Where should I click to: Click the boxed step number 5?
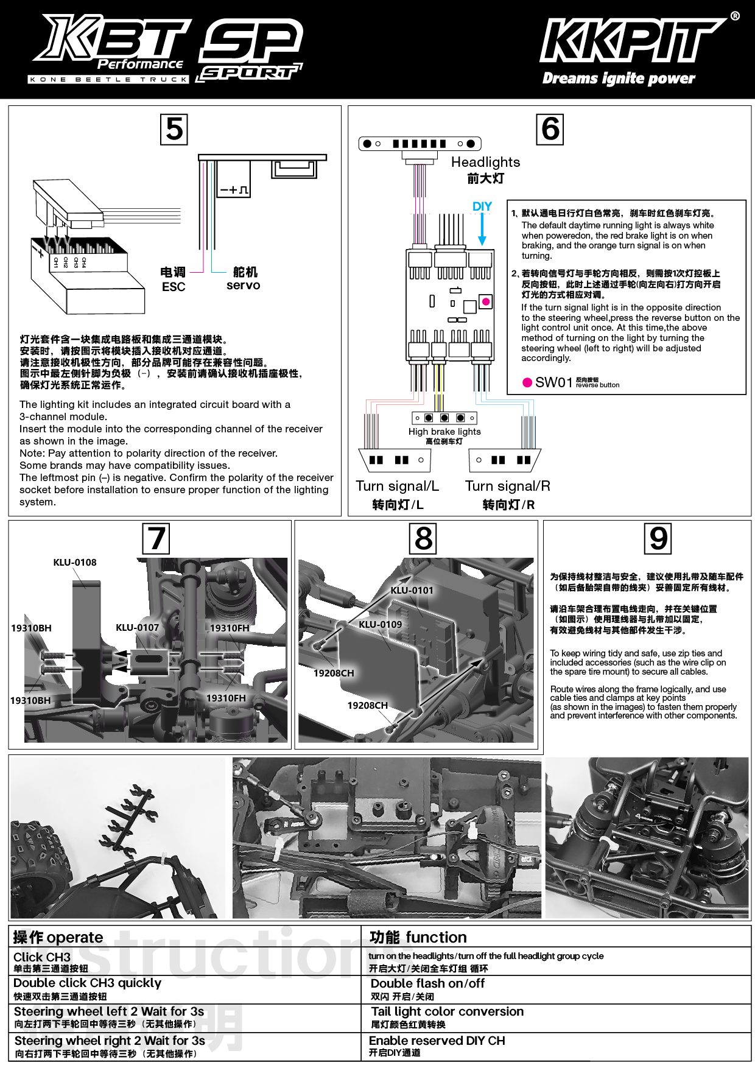tap(174, 129)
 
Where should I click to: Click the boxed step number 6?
tap(550, 129)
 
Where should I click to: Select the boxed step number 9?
tap(658, 538)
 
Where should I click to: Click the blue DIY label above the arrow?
tap(482, 206)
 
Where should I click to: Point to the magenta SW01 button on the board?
tap(486, 301)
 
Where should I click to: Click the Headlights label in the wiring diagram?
tap(485, 162)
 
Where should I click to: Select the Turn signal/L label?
tap(397, 486)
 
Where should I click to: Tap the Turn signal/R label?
tap(507, 486)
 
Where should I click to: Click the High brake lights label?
tap(444, 432)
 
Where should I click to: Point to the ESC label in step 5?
tap(174, 286)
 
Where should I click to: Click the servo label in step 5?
tap(243, 285)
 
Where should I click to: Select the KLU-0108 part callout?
tap(75, 563)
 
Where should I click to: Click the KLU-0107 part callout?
tap(138, 627)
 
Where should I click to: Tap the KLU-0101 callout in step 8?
tap(412, 590)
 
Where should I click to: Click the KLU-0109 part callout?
tap(380, 624)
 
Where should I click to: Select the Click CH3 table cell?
tap(42, 957)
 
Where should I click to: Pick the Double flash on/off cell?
tap(427, 983)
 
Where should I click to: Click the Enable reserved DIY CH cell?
tap(437, 1041)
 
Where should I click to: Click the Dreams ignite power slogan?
tap(618, 78)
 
